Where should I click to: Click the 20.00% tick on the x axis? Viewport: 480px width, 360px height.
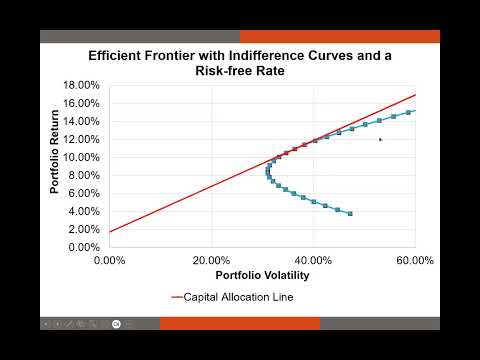[x=211, y=261]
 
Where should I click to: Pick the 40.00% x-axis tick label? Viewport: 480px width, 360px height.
[x=313, y=261]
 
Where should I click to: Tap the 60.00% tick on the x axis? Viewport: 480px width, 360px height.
[x=414, y=261]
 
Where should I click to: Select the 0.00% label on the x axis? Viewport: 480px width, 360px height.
[x=110, y=261]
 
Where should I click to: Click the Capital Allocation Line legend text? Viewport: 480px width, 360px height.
[x=237, y=297]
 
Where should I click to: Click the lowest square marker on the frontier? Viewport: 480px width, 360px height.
[x=350, y=213]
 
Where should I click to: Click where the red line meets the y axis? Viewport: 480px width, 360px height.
[x=110, y=232]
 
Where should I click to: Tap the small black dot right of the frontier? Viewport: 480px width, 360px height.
[x=380, y=139]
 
